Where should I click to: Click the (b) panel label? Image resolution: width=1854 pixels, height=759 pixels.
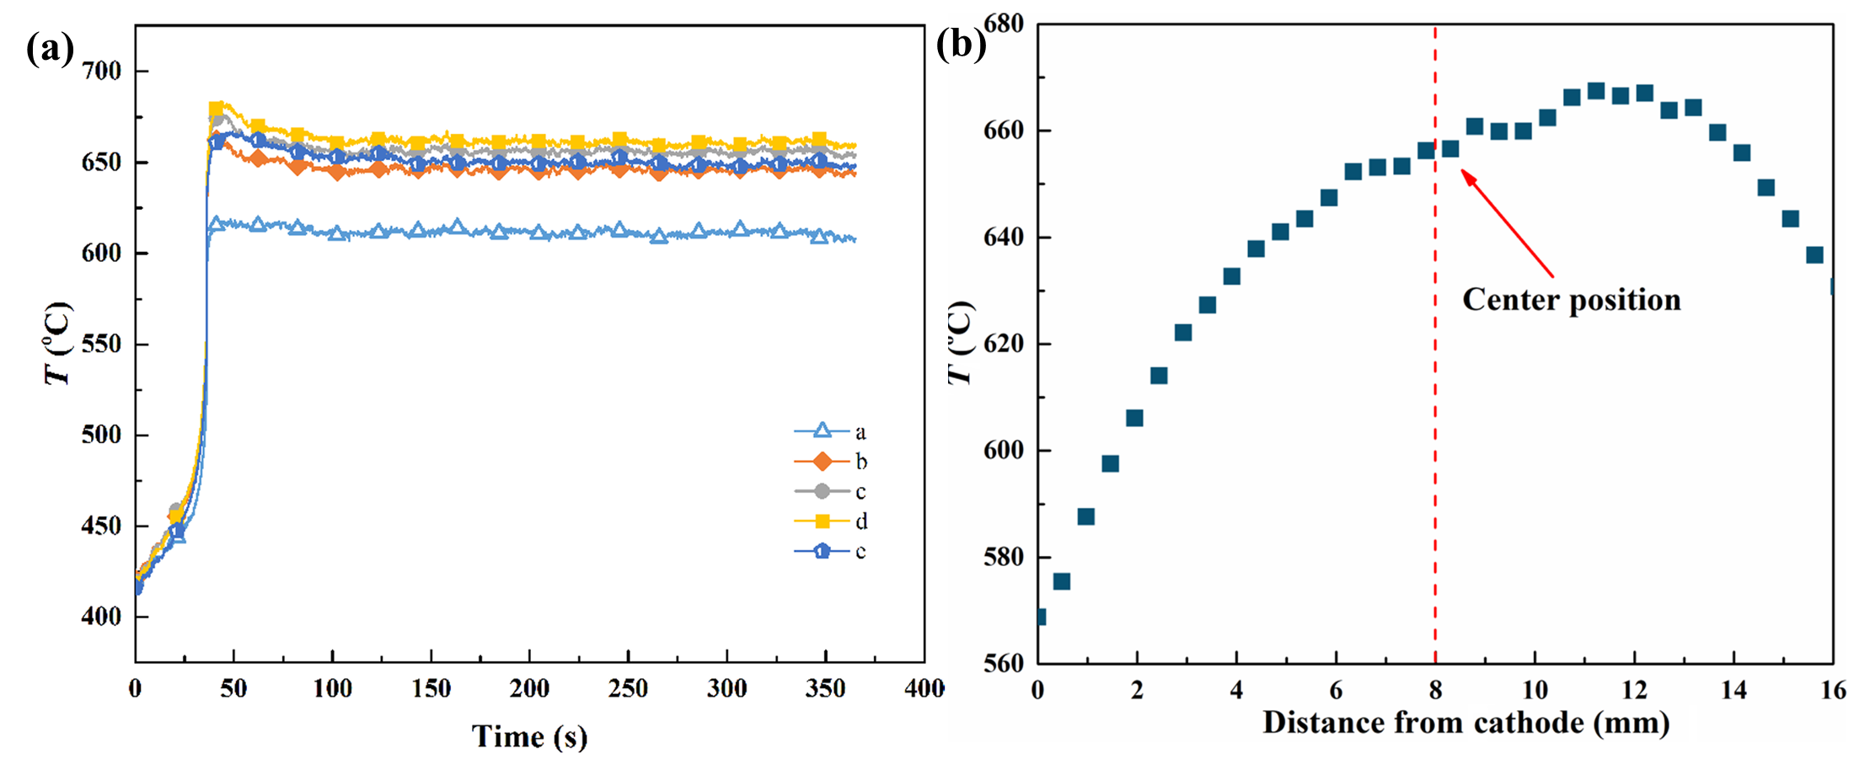click(961, 44)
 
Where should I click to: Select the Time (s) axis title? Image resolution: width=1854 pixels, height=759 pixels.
click(529, 736)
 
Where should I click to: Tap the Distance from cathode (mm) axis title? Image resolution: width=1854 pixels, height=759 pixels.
click(1466, 722)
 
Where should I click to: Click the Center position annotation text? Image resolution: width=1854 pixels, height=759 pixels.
click(1571, 300)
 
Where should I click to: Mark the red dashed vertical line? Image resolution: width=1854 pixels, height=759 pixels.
click(1435, 421)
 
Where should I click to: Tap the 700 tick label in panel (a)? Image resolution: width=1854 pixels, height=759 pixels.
click(101, 71)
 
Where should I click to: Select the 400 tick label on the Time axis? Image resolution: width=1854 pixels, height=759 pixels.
click(924, 689)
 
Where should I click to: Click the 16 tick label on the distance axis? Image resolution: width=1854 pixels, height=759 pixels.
click(1833, 691)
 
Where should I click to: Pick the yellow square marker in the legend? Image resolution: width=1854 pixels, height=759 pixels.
click(822, 521)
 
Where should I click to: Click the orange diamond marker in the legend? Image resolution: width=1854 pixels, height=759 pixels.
click(822, 462)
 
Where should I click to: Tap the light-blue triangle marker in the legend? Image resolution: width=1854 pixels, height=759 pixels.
click(822, 431)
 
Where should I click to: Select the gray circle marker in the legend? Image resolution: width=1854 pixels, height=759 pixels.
click(822, 491)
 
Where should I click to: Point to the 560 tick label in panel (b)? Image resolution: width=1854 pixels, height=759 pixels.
click(1004, 663)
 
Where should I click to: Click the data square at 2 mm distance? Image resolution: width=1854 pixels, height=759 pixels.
click(1134, 418)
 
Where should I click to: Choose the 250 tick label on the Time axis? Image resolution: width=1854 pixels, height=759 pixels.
click(628, 689)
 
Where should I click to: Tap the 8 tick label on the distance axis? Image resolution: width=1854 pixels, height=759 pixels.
click(1435, 691)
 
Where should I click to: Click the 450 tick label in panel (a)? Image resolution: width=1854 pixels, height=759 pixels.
click(101, 526)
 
